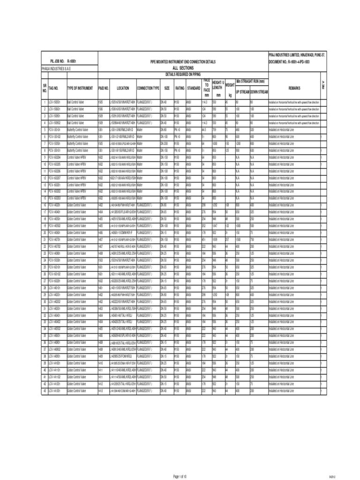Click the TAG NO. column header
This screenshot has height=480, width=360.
coord(53,88)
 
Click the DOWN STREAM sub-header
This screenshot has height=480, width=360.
coord(258,92)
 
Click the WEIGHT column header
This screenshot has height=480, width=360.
coord(230,85)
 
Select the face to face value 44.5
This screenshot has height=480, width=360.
coord(204,129)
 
